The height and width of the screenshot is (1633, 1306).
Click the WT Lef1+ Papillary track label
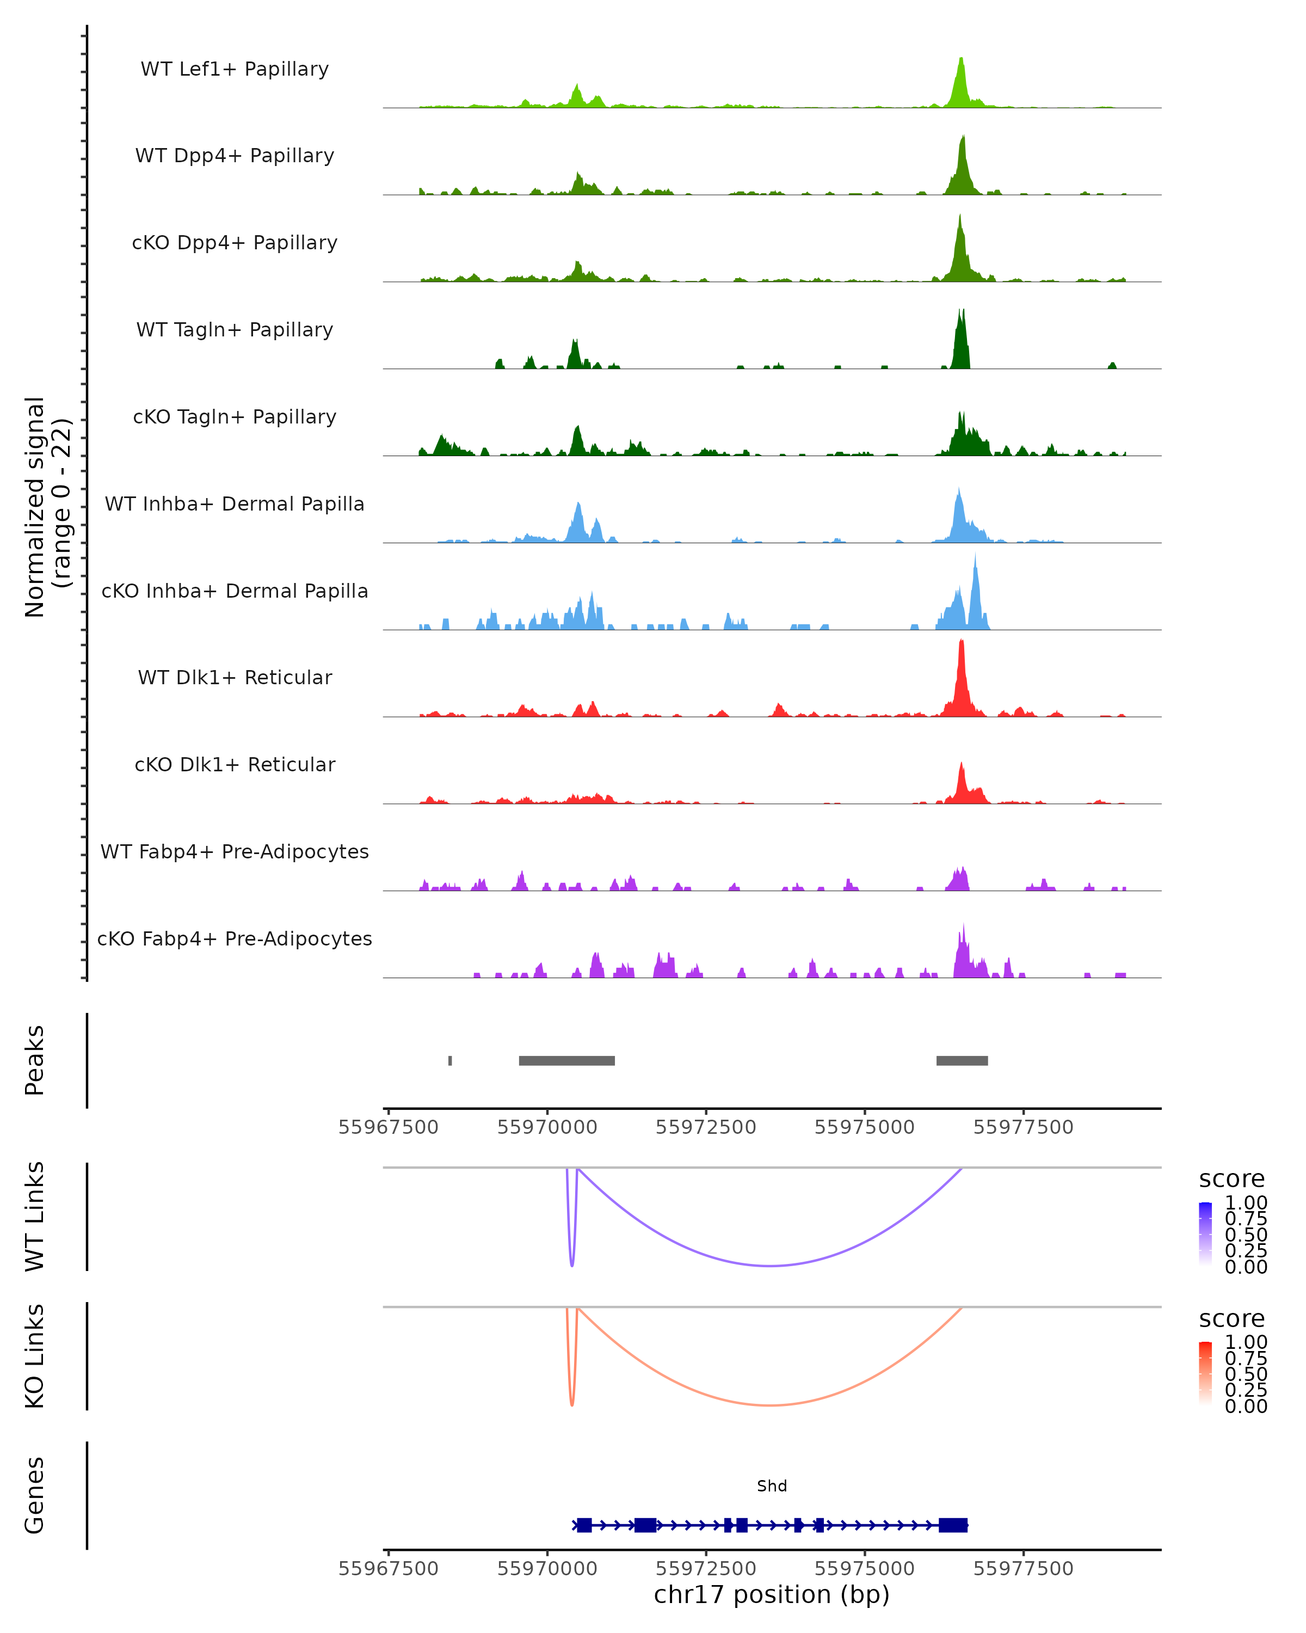click(235, 69)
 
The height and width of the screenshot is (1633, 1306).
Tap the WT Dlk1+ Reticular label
click(235, 677)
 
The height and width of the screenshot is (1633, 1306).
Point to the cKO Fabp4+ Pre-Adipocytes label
click(235, 938)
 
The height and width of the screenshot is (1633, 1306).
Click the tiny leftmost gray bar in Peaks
click(451, 1060)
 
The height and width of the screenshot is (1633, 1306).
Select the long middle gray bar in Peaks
click(566, 1060)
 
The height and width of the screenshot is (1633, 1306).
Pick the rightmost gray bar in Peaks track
click(962, 1060)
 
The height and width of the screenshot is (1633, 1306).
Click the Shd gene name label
click(772, 1486)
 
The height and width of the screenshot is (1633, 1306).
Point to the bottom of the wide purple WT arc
click(770, 1265)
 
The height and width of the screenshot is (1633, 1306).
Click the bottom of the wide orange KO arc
click(770, 1405)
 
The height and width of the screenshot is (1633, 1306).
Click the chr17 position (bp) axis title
click(772, 1594)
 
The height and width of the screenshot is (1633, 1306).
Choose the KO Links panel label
click(35, 1356)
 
